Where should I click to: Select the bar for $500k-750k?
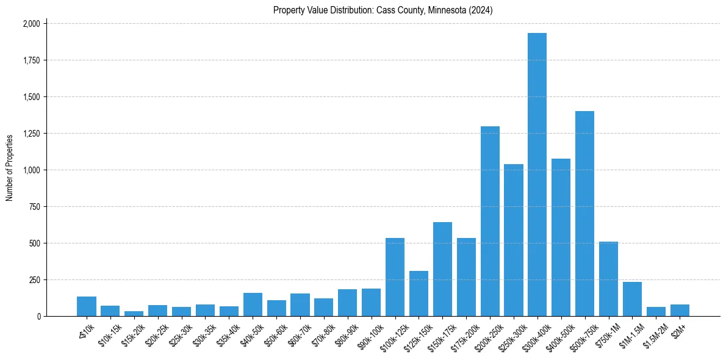[584, 214]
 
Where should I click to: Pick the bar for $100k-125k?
[395, 277]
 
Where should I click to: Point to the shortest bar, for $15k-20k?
[134, 314]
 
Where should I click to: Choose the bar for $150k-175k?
[442, 269]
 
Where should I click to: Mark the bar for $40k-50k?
[253, 304]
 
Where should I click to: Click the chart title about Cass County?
[383, 10]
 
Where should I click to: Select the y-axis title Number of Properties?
[10, 168]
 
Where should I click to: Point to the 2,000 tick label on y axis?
[31, 24]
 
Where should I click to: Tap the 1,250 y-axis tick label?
[31, 134]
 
